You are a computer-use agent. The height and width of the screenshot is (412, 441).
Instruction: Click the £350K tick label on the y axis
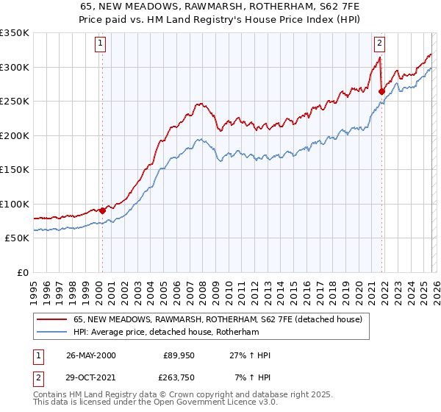[x=14, y=33]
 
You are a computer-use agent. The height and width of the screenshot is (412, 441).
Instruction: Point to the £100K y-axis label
[x=14, y=204]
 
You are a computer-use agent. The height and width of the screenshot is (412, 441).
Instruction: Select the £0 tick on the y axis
[x=22, y=272]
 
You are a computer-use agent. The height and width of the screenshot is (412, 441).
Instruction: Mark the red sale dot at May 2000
[x=103, y=211]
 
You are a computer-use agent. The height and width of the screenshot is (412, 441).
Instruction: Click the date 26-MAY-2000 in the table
[x=90, y=355]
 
